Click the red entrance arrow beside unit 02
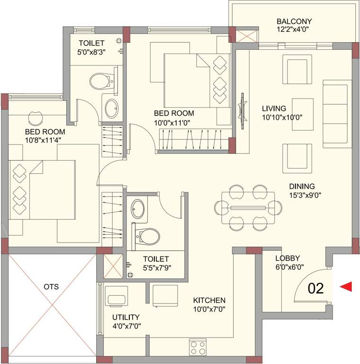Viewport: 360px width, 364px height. point(346,286)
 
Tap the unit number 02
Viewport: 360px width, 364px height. point(316,288)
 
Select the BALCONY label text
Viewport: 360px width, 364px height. point(294,21)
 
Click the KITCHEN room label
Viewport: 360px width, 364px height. point(209,300)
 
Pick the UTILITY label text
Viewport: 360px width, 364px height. point(126,317)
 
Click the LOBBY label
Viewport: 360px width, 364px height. point(288,258)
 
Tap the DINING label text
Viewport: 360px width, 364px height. point(302,186)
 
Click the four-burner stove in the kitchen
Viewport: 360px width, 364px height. point(198,346)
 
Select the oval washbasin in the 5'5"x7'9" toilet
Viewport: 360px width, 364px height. point(138,208)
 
